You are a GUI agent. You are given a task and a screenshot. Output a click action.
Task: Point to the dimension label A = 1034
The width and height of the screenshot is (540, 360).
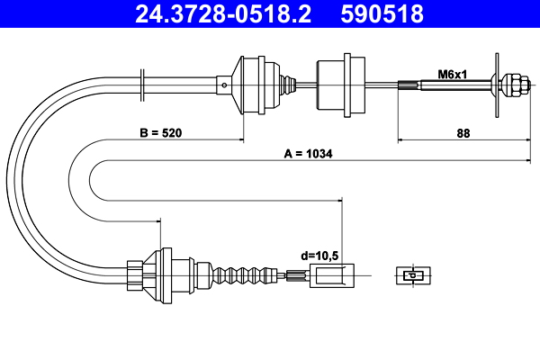tap(308, 154)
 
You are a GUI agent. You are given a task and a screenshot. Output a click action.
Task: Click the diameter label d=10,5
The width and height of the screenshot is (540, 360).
tap(321, 256)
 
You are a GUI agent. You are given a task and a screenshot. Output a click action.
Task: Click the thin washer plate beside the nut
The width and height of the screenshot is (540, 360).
tap(497, 85)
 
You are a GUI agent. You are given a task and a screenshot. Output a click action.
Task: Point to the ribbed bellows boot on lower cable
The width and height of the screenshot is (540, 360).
tap(243, 274)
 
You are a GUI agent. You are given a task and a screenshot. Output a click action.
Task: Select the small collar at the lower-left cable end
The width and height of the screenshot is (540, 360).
tap(134, 274)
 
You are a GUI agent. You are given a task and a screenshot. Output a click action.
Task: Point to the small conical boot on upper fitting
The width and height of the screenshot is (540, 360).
tap(286, 85)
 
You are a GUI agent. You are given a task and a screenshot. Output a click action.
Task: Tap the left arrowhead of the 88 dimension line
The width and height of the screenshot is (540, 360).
tap(401, 140)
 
